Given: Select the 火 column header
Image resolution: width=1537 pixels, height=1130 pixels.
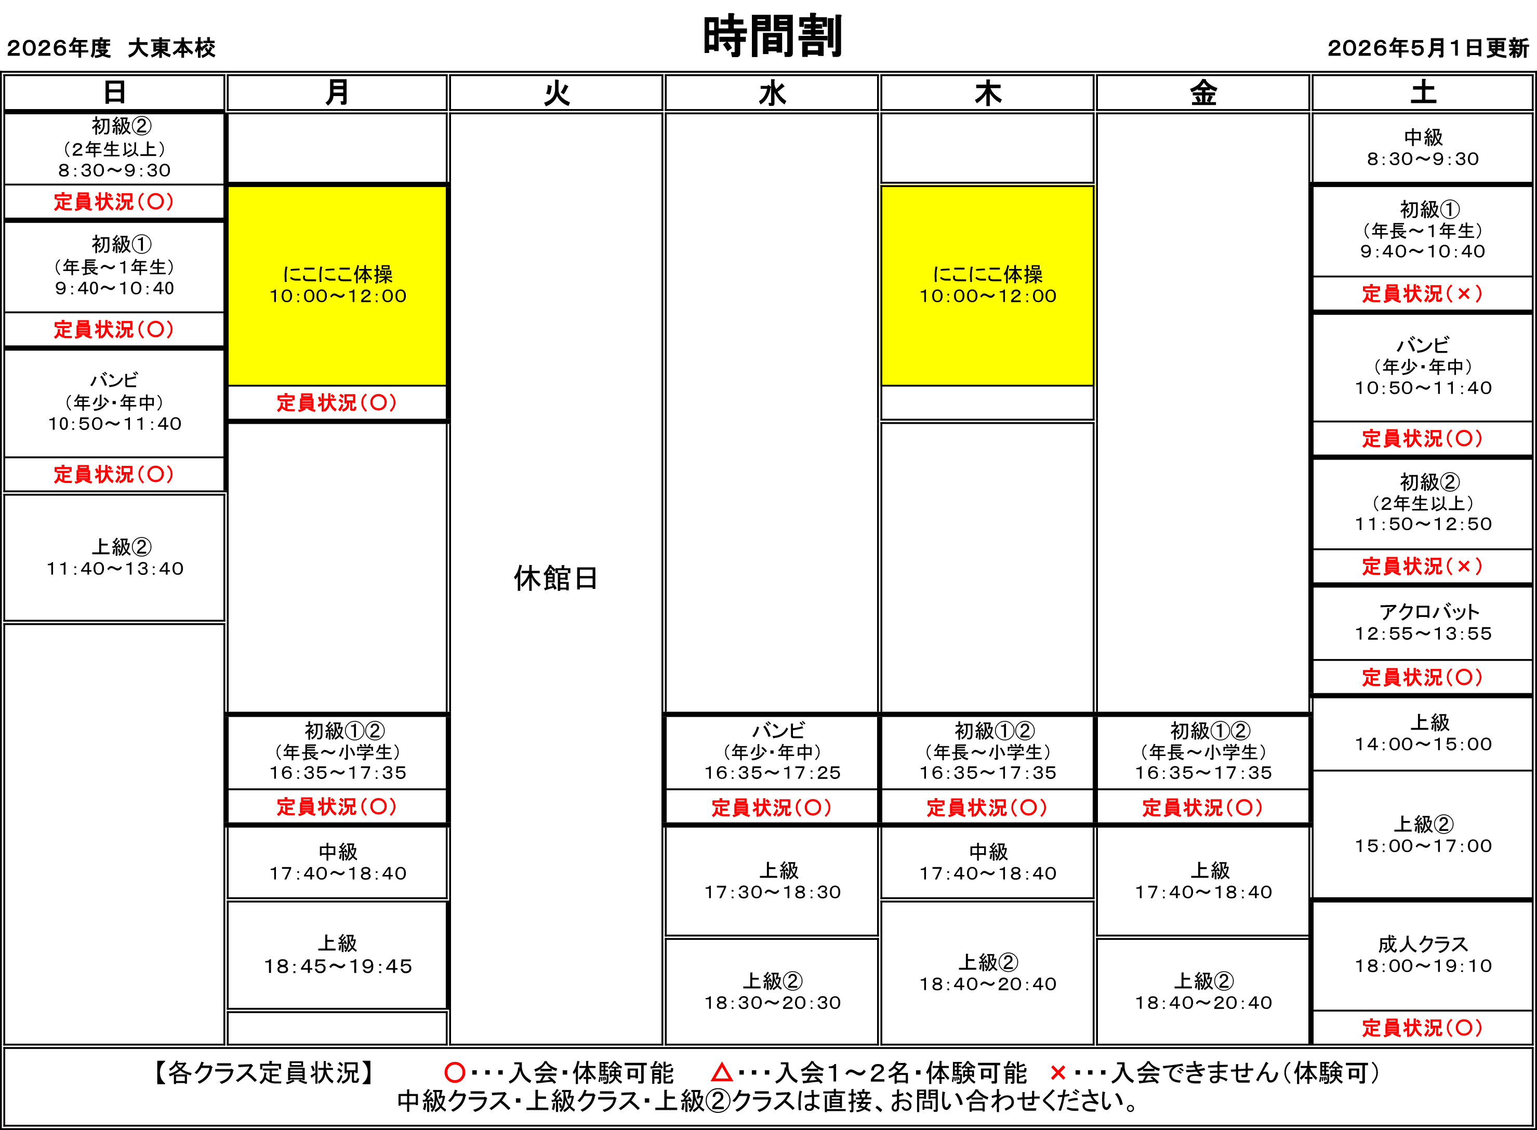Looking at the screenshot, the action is (556, 92).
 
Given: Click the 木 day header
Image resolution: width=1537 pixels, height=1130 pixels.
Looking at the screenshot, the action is (987, 92).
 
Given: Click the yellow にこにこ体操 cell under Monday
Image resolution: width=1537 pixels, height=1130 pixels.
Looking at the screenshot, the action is (337, 285).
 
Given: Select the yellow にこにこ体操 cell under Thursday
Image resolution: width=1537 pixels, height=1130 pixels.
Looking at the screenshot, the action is (987, 285).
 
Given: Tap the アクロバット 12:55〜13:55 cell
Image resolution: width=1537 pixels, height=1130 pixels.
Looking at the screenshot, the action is (1423, 623).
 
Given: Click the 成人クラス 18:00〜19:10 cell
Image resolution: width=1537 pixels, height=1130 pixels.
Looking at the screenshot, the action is (1423, 956).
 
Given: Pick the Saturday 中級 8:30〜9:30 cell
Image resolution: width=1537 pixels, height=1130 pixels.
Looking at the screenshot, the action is (1423, 149).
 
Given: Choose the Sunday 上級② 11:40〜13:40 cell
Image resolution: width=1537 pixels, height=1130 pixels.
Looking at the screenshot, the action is (114, 558).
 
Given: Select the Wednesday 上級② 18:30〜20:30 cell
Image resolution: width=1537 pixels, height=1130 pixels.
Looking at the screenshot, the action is (772, 992).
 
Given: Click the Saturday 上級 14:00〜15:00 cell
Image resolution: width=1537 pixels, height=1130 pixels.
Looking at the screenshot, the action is (1423, 733).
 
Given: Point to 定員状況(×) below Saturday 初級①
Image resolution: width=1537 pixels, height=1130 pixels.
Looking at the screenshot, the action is (1423, 293).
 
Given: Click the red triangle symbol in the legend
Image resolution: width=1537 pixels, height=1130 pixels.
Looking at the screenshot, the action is (721, 1072).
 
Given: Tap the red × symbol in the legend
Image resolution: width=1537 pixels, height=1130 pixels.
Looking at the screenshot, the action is (1058, 1072).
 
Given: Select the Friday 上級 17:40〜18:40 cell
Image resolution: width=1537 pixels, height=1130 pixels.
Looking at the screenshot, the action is (1203, 881).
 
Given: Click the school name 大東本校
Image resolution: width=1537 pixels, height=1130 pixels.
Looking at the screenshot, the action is (172, 48).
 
